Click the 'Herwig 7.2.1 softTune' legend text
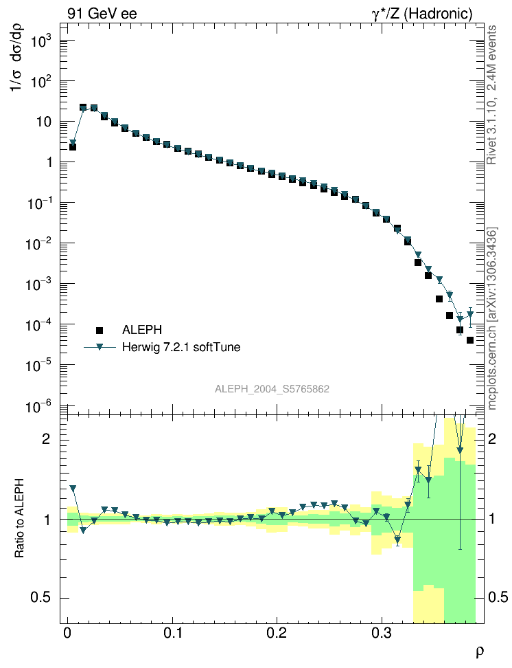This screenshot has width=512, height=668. point(181,347)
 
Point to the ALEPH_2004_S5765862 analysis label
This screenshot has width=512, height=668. point(272,389)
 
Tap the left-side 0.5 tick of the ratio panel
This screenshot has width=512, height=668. point(43,598)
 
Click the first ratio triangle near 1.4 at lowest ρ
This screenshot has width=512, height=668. point(73,488)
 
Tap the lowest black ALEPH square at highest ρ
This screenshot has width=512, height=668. point(470,340)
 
